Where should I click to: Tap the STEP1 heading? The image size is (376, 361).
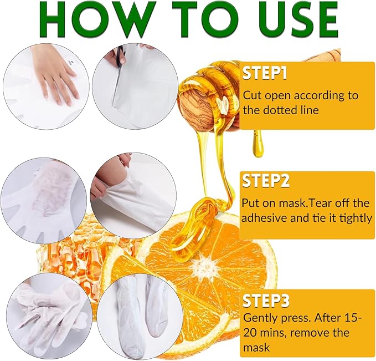(266, 73)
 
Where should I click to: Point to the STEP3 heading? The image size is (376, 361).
(266, 301)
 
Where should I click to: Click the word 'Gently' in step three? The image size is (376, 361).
(262, 319)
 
